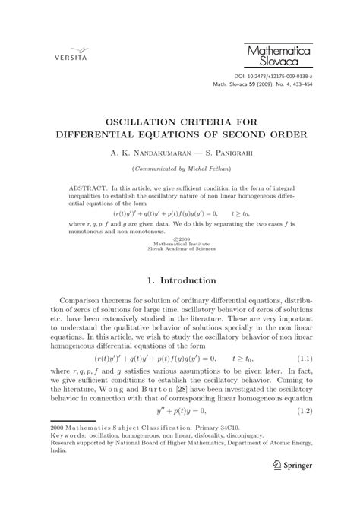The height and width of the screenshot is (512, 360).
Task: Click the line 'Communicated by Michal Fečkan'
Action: coord(180,167)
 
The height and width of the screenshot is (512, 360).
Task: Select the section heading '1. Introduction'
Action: coord(180,281)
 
